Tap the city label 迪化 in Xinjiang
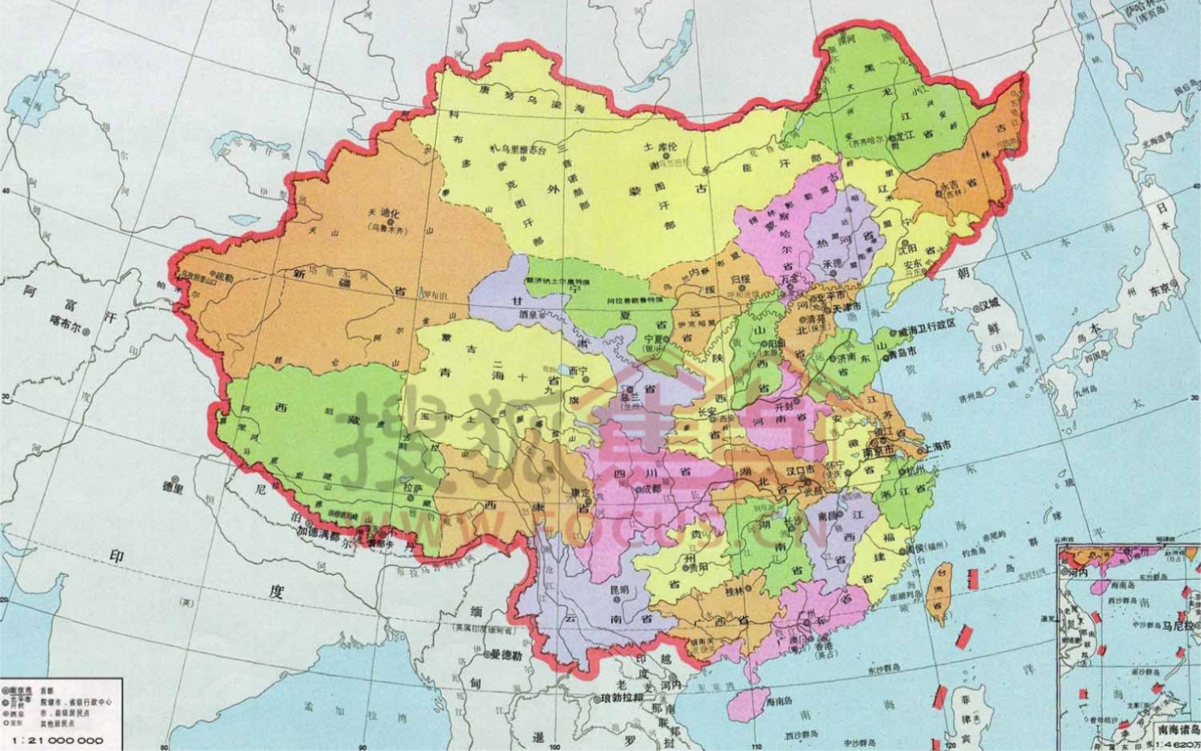point(388,215)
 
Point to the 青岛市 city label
point(901,353)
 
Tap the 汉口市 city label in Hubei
point(802,470)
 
